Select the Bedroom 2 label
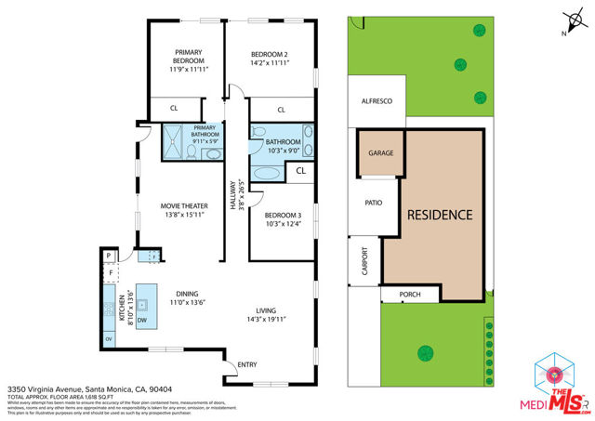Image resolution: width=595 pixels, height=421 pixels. click(x=271, y=60)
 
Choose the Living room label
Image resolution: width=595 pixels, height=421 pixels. click(x=271, y=314)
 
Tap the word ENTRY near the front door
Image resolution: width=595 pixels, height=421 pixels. click(x=247, y=365)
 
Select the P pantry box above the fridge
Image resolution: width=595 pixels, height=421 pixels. click(x=108, y=256)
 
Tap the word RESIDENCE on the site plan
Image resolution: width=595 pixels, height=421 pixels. click(x=440, y=215)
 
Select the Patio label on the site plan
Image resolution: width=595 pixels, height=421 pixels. click(x=374, y=202)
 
